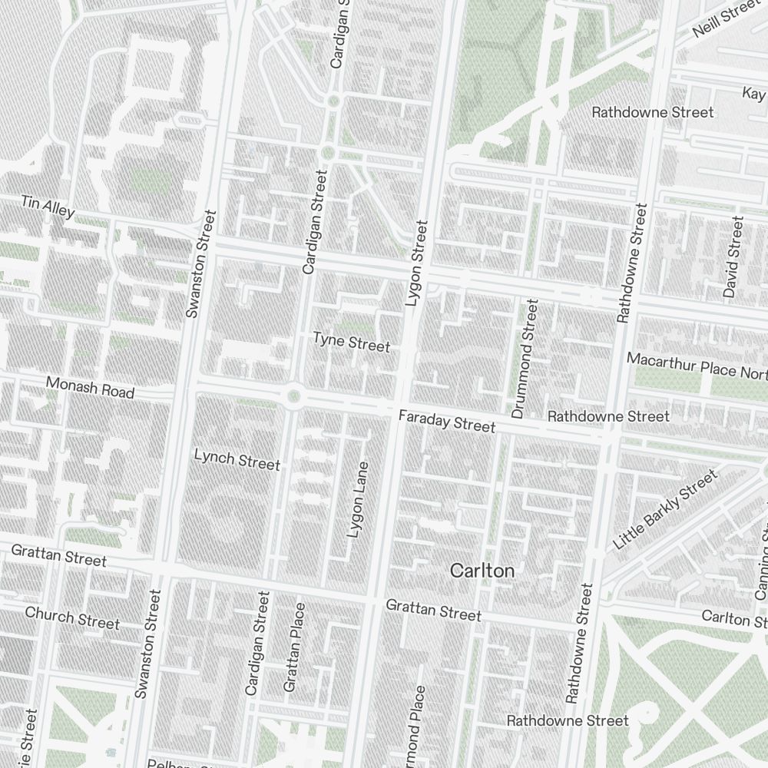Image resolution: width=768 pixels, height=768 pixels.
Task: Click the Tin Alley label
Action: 48,207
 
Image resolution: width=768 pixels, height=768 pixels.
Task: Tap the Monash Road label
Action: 90,387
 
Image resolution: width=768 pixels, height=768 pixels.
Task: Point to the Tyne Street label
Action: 351,342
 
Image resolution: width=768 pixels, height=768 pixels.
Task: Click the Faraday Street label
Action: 447,421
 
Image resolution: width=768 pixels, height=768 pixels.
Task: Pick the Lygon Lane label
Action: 358,500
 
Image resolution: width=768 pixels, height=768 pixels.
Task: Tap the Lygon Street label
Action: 415,263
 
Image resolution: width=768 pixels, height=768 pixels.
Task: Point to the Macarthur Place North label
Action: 696,366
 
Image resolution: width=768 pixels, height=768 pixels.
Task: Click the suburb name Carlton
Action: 482,571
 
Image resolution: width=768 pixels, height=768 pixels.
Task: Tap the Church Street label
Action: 72,617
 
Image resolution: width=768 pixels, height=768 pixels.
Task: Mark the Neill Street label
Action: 725,19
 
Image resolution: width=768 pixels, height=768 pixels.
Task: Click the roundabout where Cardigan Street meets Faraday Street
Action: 293,396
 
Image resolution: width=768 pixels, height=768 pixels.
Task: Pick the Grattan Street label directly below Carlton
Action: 433,611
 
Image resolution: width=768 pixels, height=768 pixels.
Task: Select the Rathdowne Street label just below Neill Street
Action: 652,112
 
